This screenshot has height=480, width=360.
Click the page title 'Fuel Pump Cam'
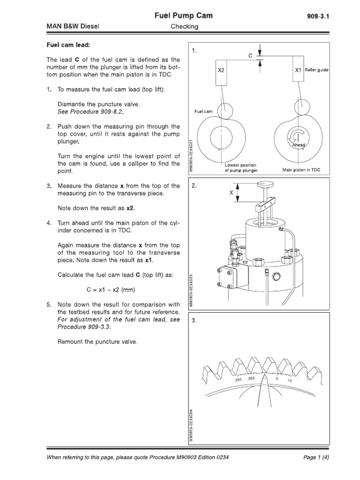(184, 15)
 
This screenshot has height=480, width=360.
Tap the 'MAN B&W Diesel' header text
(72, 27)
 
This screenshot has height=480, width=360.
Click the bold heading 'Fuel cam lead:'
(67, 45)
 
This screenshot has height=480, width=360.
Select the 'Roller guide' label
(317, 70)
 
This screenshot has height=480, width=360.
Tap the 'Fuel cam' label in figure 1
(203, 112)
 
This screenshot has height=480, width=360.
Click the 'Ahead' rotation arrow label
(299, 145)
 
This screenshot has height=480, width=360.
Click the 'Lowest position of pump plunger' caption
(241, 168)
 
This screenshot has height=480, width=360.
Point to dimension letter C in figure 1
(250, 55)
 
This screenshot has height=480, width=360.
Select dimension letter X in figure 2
(231, 193)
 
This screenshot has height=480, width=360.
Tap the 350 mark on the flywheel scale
(238, 380)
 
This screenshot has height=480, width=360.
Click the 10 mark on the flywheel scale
(290, 381)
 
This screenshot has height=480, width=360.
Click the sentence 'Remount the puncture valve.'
(97, 342)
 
